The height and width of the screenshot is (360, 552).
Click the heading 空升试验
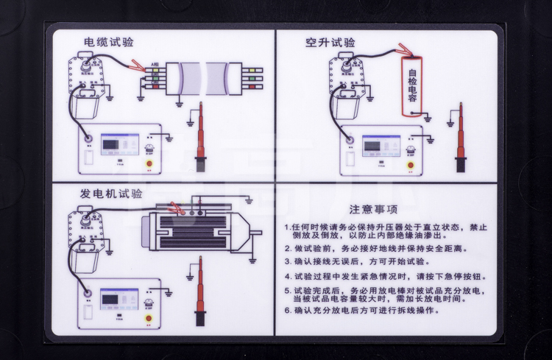pos(330,43)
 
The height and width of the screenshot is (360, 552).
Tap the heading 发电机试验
pos(111,194)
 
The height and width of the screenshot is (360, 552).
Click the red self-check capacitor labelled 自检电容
pos(413,86)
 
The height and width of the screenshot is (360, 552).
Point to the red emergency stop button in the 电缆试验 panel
pos(152,165)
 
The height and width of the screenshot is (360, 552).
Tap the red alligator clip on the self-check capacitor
pos(404,50)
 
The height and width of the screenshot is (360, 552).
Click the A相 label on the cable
pos(155,66)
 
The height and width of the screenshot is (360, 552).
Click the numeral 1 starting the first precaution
pos(288,227)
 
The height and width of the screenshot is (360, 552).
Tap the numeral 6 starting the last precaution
pos(288,310)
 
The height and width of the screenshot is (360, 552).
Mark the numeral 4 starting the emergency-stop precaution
pos(288,277)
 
